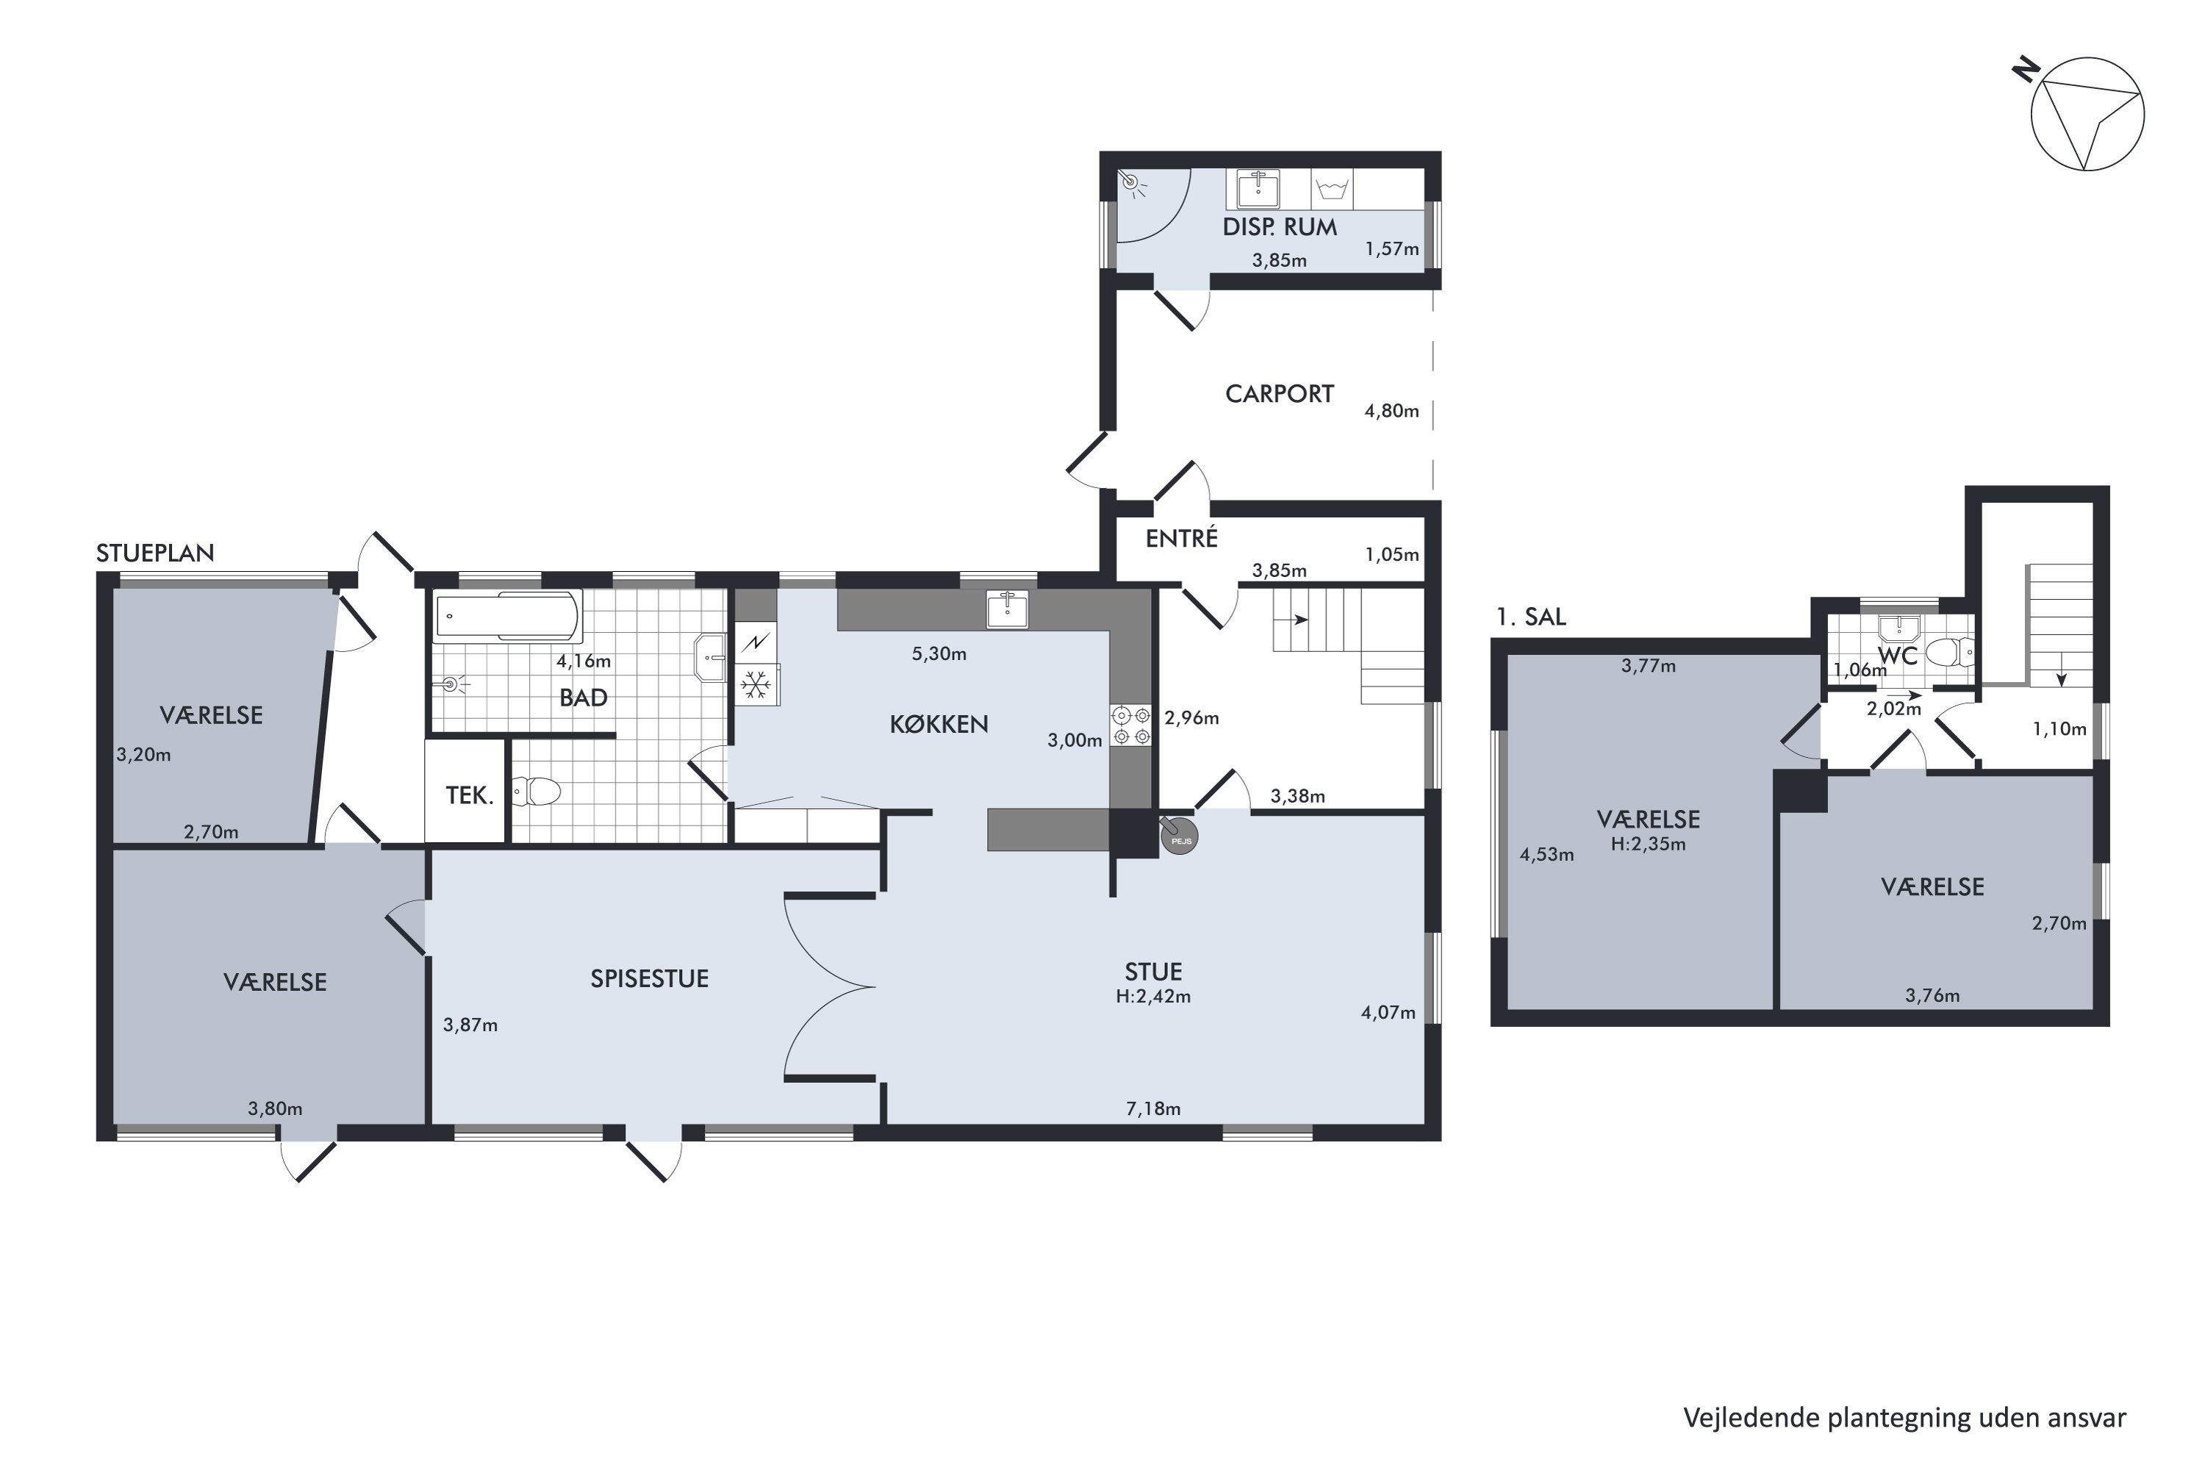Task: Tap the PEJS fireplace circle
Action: pyautogui.click(x=1180, y=837)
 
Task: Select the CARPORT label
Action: pyautogui.click(x=1279, y=394)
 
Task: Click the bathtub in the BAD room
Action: pyautogui.click(x=507, y=615)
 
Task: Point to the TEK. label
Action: pyautogui.click(x=469, y=796)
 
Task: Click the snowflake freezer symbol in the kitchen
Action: pyautogui.click(x=756, y=685)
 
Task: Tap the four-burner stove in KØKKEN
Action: pyautogui.click(x=1130, y=725)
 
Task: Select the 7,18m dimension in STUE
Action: pyautogui.click(x=1153, y=1109)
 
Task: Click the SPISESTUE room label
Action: pyautogui.click(x=649, y=979)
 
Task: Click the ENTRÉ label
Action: pyautogui.click(x=1181, y=538)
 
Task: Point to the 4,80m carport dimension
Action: pyautogui.click(x=1391, y=411)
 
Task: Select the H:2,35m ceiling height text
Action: pyautogui.click(x=1648, y=844)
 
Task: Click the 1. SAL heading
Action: pyautogui.click(x=1531, y=617)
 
